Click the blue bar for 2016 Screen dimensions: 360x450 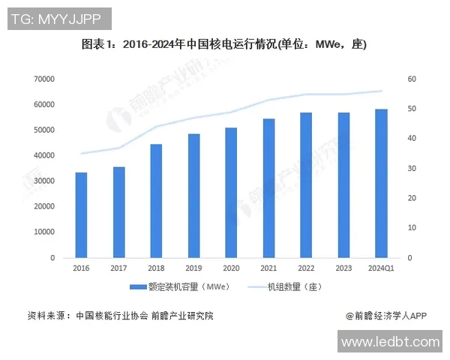tap(81, 215)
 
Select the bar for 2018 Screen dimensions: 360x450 tap(156, 201)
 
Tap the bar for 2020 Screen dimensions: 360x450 tap(231, 193)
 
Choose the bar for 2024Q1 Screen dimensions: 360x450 tap(381, 184)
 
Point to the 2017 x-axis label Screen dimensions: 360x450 tap(118, 268)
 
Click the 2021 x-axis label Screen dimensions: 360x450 tap(268, 268)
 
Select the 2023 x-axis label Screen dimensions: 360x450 tap(343, 268)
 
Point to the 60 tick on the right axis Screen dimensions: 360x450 tap(412, 79)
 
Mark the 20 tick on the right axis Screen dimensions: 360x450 tap(412, 198)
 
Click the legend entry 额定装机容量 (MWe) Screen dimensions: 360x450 tap(179, 286)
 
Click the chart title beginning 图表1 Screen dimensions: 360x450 tap(224, 44)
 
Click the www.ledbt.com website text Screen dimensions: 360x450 tap(390, 342)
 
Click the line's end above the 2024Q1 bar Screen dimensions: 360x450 tap(381, 91)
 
